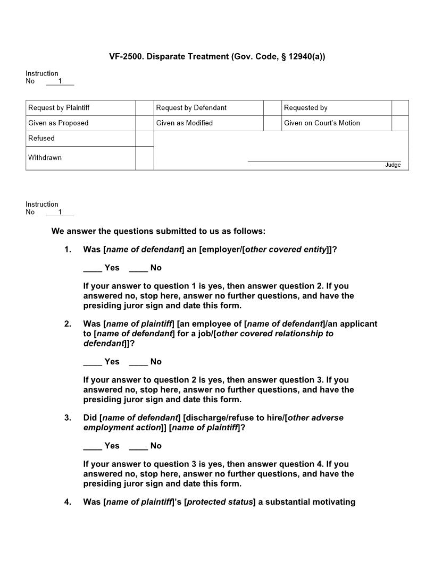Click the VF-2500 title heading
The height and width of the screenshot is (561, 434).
[217, 56]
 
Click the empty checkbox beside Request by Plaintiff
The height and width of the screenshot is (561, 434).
[144, 108]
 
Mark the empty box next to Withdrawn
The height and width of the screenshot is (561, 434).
[144, 158]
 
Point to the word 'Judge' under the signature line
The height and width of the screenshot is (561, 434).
[393, 165]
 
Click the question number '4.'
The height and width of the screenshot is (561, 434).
[68, 502]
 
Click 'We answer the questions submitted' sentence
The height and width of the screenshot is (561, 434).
[158, 231]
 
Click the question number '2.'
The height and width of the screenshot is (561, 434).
[68, 324]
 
